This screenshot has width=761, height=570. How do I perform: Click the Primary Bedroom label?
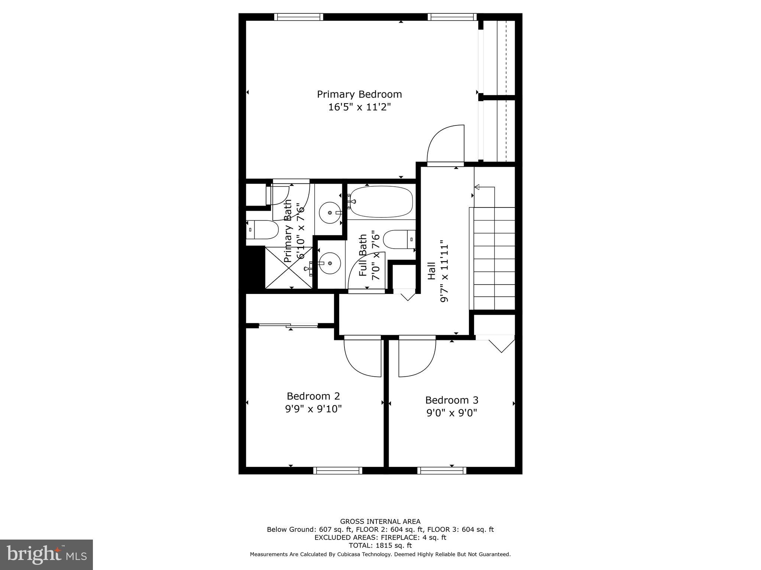tap(359, 94)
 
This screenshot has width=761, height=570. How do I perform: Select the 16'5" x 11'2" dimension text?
tap(359, 107)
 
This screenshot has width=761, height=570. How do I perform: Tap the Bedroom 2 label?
tap(313, 396)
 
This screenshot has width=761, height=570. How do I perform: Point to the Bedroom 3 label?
tap(451, 400)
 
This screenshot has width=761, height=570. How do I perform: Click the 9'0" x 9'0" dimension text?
tap(451, 413)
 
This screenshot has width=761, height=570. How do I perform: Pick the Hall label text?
tap(431, 271)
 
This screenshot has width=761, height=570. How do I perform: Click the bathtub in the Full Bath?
tap(381, 202)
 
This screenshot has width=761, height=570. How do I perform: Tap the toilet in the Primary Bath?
tap(262, 230)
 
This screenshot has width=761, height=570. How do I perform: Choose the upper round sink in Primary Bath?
tap(330, 213)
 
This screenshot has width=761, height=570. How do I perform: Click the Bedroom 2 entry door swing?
tap(362, 356)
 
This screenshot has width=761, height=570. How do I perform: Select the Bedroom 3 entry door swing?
tap(417, 356)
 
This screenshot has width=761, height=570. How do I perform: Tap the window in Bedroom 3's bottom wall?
tap(441, 471)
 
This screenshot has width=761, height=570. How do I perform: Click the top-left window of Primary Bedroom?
tap(299, 17)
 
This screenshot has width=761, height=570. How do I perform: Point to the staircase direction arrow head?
tap(477, 187)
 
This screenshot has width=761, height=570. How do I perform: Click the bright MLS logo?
tap(46, 554)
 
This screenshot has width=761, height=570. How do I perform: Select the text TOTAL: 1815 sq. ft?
tap(380, 546)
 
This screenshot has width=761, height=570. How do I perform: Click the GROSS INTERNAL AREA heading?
tap(380, 521)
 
